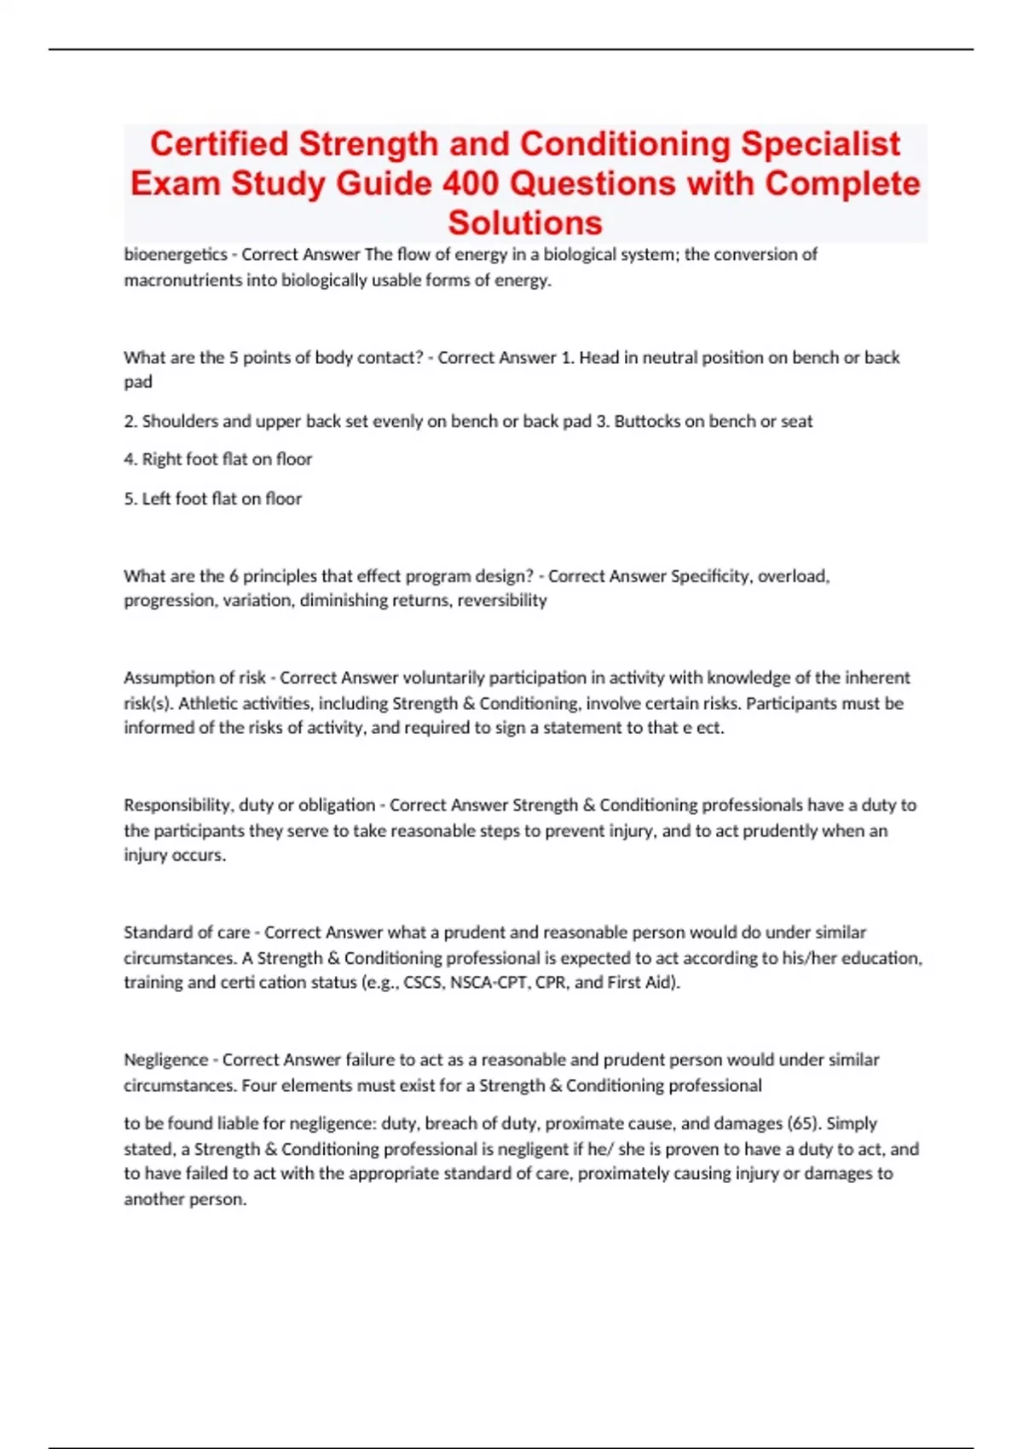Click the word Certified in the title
click(219, 144)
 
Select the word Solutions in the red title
click(525, 222)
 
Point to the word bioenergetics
click(176, 254)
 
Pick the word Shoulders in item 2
click(175, 421)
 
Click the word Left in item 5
click(156, 499)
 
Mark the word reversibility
click(502, 600)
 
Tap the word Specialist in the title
click(820, 144)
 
